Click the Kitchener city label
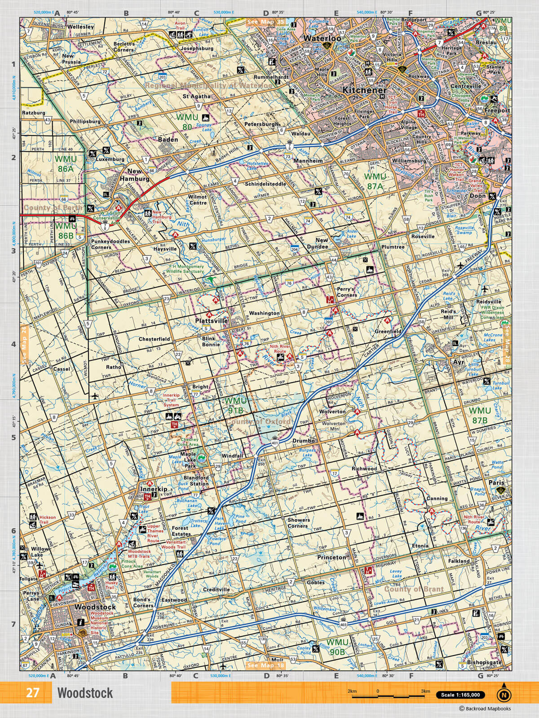click(x=364, y=90)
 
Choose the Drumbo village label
click(x=303, y=441)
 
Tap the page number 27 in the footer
click(x=32, y=693)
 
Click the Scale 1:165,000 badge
click(x=460, y=695)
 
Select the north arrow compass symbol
click(x=504, y=694)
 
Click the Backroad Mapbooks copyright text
click(x=484, y=709)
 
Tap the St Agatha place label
click(x=196, y=96)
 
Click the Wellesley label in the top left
click(x=80, y=27)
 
